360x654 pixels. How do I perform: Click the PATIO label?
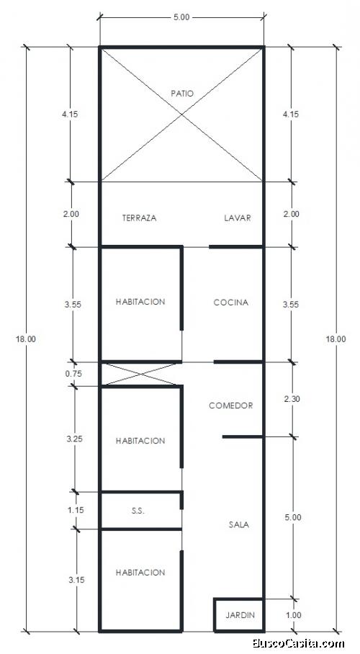pos(182,94)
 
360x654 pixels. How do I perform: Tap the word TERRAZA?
pos(140,218)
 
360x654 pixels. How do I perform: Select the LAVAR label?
pos(238,218)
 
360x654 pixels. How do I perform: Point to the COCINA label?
pos(230,303)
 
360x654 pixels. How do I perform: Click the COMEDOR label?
pos(230,406)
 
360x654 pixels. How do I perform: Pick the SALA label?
pos(239,524)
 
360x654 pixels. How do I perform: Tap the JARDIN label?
pos(240,615)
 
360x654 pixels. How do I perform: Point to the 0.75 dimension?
pos(73,374)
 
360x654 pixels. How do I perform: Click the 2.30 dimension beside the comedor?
pos(292,399)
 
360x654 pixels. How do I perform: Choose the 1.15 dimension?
pos(75,510)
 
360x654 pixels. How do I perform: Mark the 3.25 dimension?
pos(74,439)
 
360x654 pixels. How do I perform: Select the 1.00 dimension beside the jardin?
pos(294,615)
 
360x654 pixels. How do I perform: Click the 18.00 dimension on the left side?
pos(26,339)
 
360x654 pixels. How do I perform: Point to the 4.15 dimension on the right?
pos(291,114)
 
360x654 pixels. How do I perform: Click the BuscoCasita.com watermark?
pos(299,644)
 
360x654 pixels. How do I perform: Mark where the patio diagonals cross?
pos(181,115)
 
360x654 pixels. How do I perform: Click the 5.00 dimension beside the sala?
pos(293,517)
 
